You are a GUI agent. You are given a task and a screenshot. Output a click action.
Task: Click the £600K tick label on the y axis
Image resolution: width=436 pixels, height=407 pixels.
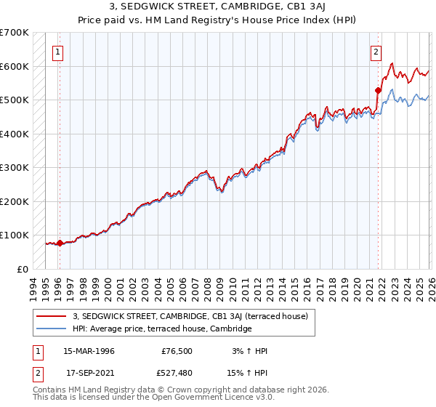15,66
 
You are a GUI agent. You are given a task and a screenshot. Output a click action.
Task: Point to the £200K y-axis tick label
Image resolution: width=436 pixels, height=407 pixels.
15,201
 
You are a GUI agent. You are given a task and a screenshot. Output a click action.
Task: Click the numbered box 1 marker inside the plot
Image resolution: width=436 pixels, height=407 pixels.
57,52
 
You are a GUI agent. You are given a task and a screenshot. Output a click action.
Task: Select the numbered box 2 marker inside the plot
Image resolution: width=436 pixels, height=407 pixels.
376,52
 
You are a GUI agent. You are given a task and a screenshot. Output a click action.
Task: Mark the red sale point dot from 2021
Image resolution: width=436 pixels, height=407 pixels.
378,91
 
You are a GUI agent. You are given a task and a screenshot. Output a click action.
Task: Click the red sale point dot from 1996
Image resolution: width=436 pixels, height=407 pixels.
59,243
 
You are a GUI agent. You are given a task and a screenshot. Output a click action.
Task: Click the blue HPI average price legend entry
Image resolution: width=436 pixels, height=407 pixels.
161,329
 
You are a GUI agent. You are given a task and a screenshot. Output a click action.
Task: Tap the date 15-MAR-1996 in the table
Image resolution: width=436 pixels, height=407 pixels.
89,351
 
